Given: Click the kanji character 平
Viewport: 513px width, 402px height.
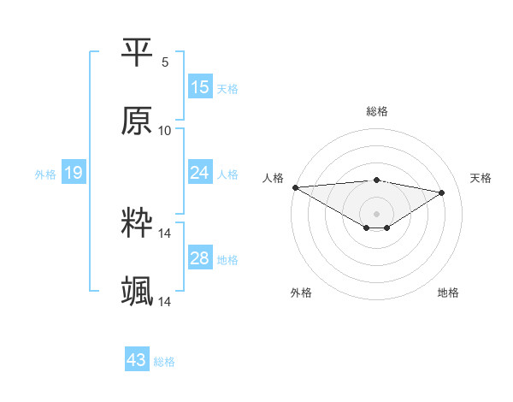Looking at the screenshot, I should click(138, 53).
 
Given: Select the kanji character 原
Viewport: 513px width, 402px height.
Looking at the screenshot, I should click(138, 121).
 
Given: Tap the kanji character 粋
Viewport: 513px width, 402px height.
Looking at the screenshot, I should click(138, 224).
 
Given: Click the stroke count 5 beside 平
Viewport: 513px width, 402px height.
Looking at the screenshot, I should click(165, 62).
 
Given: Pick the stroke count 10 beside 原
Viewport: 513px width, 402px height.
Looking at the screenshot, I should click(165, 131).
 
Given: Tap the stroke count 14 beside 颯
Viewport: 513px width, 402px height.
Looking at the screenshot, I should click(165, 302).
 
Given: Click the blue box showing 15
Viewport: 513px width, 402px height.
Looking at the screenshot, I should click(200, 87).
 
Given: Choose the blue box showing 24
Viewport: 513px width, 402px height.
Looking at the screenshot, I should click(200, 173).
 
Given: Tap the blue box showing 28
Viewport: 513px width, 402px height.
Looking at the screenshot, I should click(200, 258).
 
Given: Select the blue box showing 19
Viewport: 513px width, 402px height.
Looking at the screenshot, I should click(74, 174).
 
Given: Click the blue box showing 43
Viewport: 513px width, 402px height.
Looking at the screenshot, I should click(137, 361).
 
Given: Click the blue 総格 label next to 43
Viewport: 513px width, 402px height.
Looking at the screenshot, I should click(164, 362).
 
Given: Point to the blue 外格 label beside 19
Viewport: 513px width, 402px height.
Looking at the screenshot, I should click(45, 174).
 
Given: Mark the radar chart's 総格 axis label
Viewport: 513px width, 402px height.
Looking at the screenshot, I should click(377, 111).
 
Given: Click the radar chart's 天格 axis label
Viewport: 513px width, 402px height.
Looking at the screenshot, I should click(481, 178).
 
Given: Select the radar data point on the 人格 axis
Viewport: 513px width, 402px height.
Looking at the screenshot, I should click(295, 187).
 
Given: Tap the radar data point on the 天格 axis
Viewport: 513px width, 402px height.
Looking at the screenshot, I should click(442, 192).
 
